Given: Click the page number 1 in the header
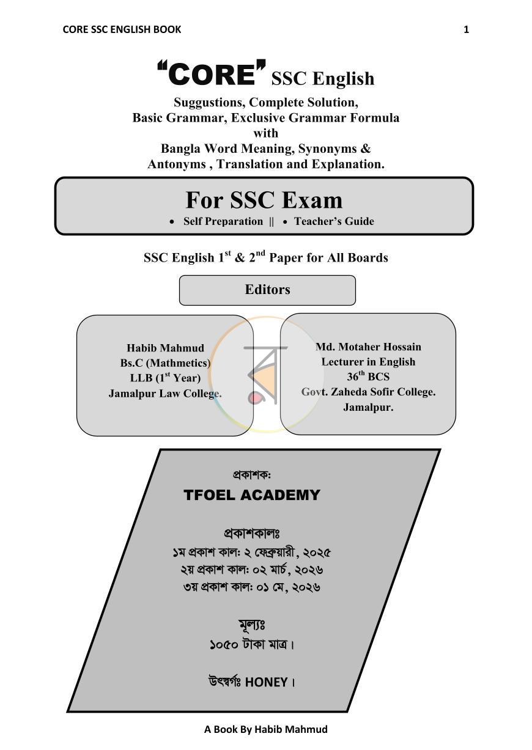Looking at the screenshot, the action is click(x=466, y=30).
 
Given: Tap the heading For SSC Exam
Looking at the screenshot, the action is click(x=264, y=200).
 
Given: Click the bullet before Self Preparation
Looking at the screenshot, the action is click(x=172, y=222).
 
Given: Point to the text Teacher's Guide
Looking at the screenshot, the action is click(x=334, y=221).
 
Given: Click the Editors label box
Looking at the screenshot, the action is click(x=267, y=290).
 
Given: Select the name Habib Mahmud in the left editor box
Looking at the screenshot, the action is click(x=165, y=348).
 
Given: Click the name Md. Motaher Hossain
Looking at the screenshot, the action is click(x=368, y=347).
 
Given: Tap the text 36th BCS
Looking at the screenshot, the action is click(x=368, y=377).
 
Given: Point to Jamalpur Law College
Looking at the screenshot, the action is click(x=165, y=394).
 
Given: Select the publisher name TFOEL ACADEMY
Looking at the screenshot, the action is click(x=252, y=495).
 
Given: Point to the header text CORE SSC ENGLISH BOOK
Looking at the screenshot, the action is click(x=122, y=29).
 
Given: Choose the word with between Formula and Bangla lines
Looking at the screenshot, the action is click(x=265, y=133).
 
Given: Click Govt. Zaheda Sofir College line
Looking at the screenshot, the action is click(x=368, y=392).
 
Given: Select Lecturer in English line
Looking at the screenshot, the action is click(x=368, y=362).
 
